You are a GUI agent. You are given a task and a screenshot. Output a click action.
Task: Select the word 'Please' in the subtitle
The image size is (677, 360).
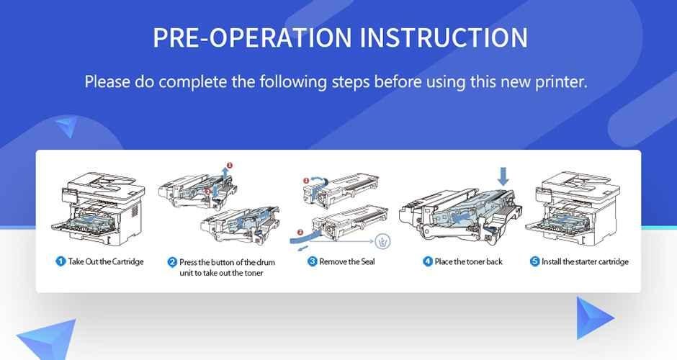pos(107,81)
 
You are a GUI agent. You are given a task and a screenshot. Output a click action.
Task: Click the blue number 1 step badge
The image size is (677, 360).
pos(61,261)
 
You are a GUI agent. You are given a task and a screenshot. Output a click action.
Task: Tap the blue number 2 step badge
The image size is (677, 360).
pos(172,262)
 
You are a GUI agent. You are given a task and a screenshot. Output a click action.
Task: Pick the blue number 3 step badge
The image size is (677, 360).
pos(313,261)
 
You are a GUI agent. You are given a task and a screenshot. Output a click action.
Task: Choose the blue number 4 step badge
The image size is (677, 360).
pos(428,261)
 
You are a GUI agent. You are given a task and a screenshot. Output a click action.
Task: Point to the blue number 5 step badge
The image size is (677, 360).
pos(534,261)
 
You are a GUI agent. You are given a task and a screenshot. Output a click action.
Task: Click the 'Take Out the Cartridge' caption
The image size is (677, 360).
pos(106,261)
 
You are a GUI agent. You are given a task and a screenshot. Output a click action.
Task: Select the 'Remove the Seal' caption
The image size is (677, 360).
pos(347,261)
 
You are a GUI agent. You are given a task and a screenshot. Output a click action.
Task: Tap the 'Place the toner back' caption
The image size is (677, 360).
pos(469,261)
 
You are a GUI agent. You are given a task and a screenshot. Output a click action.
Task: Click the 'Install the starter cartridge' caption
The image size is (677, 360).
pos(585,261)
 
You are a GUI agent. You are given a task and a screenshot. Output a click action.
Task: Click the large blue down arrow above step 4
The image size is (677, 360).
pos(503,174)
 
